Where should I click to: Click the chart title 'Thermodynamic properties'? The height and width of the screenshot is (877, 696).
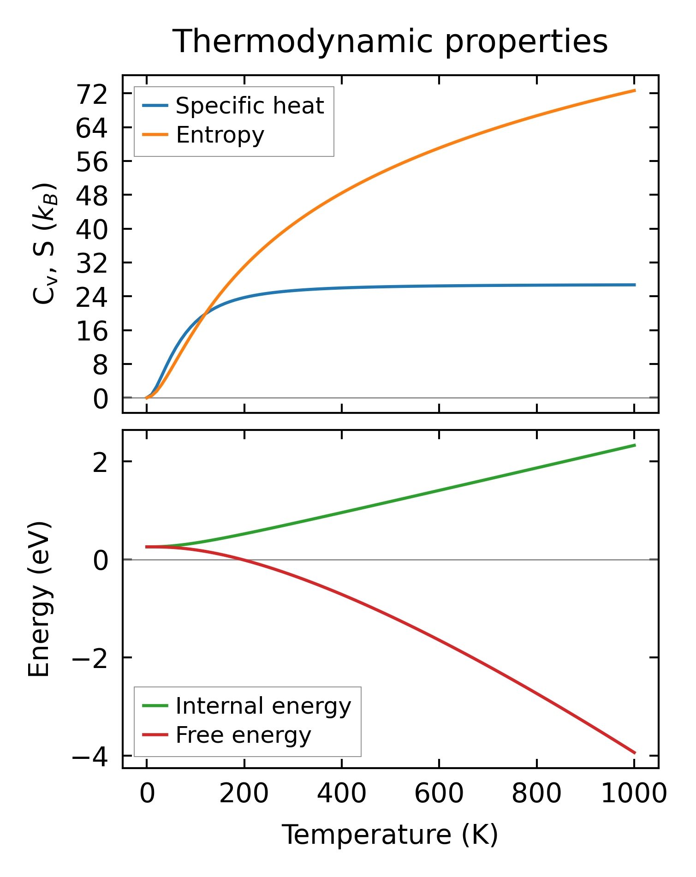pos(390,42)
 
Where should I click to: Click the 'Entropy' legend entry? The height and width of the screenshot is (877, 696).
pos(220,135)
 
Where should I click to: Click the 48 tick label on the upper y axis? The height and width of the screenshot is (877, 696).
pos(92,197)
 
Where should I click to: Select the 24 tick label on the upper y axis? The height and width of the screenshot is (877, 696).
pos(92,298)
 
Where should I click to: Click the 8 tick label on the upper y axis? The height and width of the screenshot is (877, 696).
pos(100,366)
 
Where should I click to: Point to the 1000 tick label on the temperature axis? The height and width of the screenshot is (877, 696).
pos(634,794)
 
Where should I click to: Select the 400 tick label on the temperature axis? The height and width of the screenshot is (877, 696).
pos(342,794)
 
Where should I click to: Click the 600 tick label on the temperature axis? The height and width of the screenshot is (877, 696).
pos(439,794)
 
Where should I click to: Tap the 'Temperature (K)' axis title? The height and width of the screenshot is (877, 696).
pos(390,835)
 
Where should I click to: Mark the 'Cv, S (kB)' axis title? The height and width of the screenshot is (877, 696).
pos(45,244)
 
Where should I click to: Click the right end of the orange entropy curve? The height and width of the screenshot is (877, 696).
pos(635,90)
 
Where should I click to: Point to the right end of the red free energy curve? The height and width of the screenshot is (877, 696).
pos(635,753)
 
